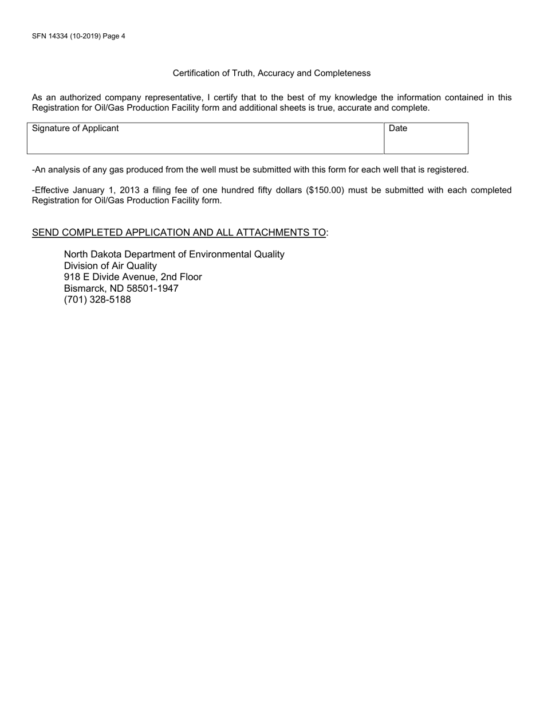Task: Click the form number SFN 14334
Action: (50, 36)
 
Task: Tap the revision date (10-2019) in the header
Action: (85, 36)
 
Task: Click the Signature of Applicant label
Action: (76, 128)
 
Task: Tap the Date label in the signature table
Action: (398, 128)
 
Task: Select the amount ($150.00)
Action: (325, 190)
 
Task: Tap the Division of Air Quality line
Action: (110, 266)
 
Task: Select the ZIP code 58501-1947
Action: (152, 288)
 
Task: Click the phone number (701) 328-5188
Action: (97, 299)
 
